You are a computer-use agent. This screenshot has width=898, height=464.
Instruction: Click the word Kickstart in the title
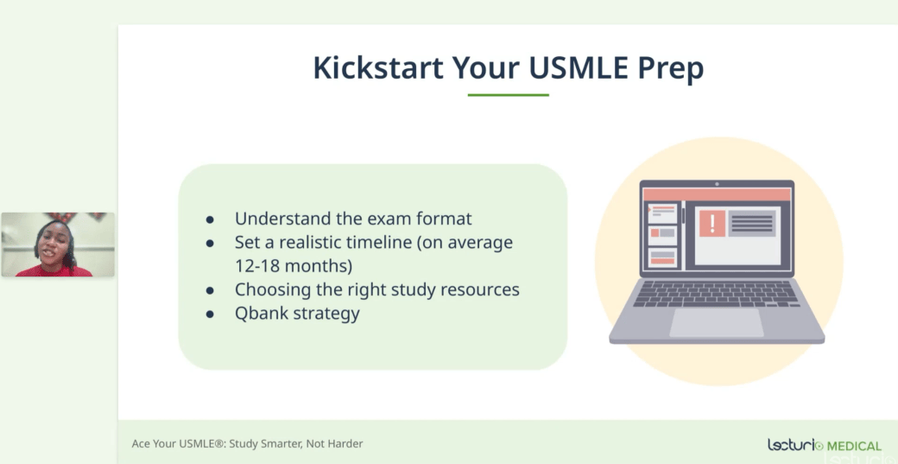378,67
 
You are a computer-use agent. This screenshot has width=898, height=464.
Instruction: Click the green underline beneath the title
508,95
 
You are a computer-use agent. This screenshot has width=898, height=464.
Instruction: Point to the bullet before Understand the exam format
210,219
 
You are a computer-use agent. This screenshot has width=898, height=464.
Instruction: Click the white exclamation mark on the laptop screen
711,224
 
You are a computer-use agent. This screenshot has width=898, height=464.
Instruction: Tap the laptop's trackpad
717,322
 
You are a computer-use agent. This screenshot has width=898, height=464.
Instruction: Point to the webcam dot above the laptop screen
717,184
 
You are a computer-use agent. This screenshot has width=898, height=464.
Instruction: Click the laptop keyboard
717,293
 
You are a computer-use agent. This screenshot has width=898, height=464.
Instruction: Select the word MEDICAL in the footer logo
855,446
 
